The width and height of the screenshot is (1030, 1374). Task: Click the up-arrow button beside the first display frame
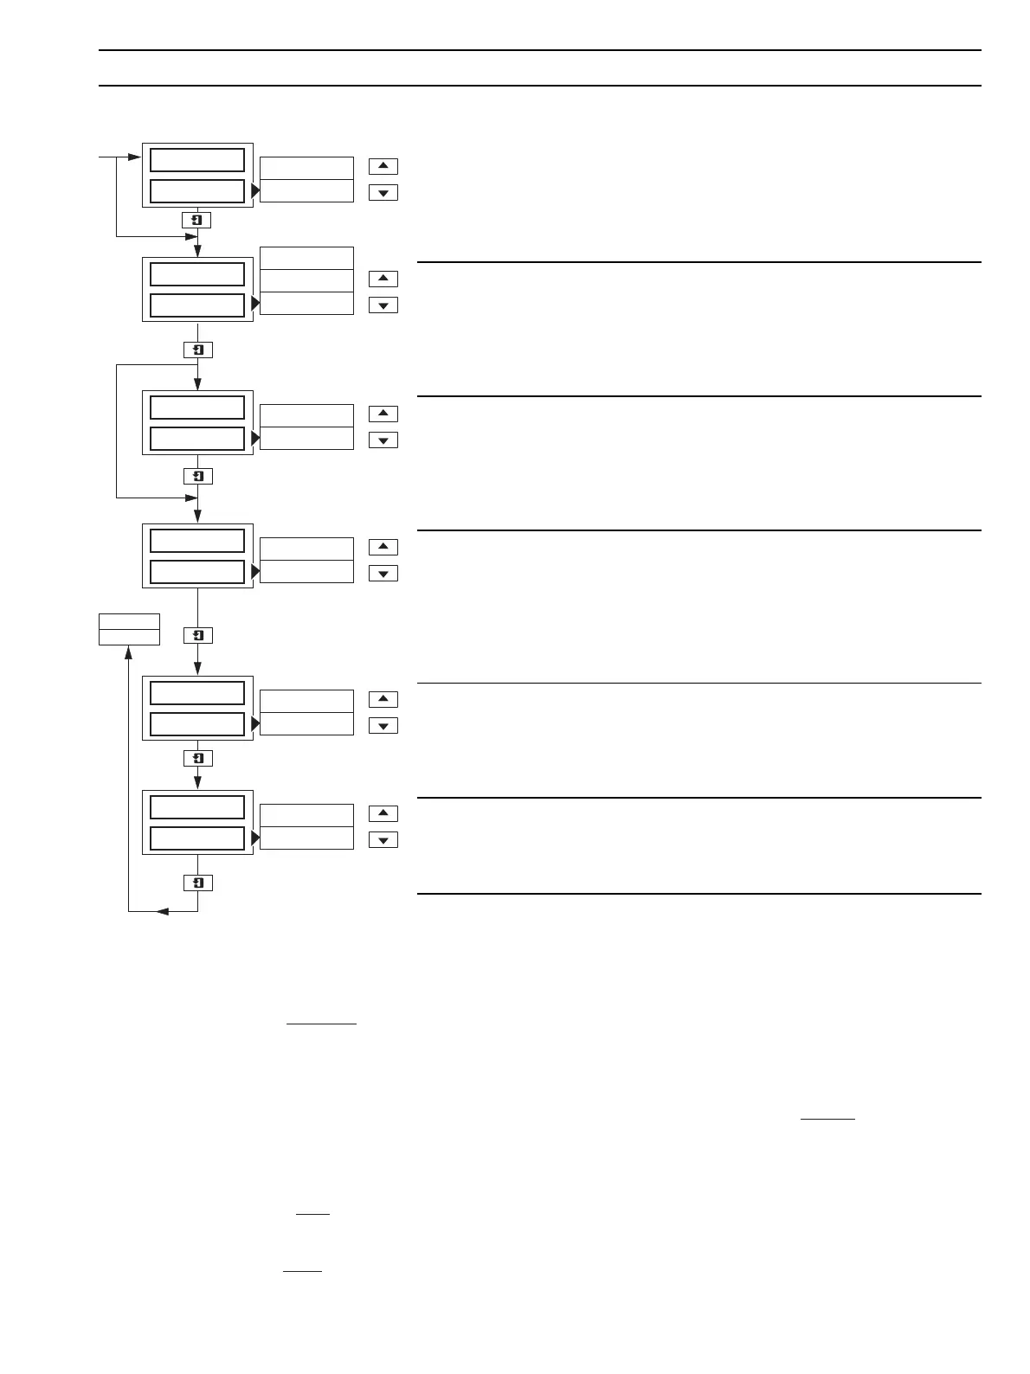click(x=383, y=166)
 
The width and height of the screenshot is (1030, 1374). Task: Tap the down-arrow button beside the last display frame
click(x=383, y=840)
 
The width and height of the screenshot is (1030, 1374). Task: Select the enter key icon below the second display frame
click(x=198, y=350)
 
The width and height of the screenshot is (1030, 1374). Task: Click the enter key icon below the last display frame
click(x=198, y=883)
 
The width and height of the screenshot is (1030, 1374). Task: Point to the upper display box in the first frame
click(x=197, y=160)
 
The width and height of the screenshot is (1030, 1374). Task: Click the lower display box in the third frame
click(x=197, y=439)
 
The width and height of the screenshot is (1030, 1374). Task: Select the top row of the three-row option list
click(x=306, y=258)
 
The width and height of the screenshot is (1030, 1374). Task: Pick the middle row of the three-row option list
click(x=306, y=280)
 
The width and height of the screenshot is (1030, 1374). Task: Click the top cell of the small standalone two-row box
click(x=129, y=621)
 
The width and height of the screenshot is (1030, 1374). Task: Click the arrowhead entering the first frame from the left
click(x=133, y=157)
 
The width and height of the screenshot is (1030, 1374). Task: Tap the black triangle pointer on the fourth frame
click(x=255, y=572)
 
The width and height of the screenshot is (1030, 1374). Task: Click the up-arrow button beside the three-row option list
click(x=383, y=279)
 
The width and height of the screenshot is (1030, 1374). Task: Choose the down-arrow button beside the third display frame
click(x=383, y=440)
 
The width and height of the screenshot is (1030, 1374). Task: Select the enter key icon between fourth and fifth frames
click(x=198, y=635)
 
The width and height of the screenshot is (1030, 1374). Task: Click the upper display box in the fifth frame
click(x=197, y=693)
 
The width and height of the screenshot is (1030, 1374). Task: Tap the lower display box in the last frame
click(x=197, y=838)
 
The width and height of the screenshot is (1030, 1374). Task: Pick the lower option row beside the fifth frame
click(x=306, y=724)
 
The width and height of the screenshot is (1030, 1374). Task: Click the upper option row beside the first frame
click(x=306, y=168)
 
